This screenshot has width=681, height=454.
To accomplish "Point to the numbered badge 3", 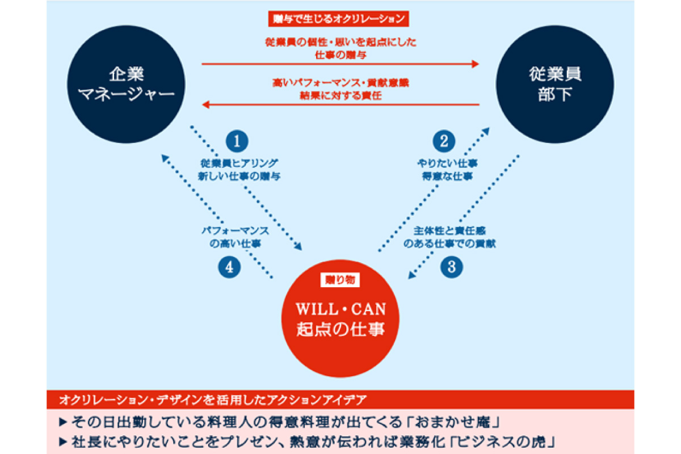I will [x=452, y=267].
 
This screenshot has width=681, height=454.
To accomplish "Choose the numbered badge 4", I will [x=229, y=267].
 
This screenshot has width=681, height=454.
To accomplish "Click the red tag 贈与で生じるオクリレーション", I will [x=338, y=19].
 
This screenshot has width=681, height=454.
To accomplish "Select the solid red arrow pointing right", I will [x=340, y=64].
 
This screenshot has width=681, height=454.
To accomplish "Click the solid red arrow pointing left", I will [x=340, y=104].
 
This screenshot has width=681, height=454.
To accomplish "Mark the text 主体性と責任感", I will [x=453, y=231].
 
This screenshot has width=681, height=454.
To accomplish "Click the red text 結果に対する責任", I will [x=340, y=95].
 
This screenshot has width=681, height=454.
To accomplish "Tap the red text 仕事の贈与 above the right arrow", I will [x=340, y=55].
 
